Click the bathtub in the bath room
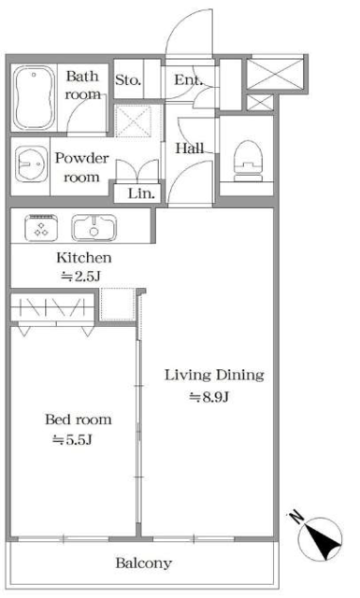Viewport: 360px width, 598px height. pyautogui.click(x=34, y=98)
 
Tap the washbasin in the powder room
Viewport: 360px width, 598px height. pyautogui.click(x=30, y=164)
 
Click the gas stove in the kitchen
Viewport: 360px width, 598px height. pyautogui.click(x=41, y=228)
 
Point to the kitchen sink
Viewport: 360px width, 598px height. pyautogui.click(x=94, y=228)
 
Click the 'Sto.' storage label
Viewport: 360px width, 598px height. pyautogui.click(x=128, y=80)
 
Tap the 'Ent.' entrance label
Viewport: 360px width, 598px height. pyautogui.click(x=187, y=80)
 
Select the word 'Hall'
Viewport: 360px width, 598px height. pyautogui.click(x=190, y=148)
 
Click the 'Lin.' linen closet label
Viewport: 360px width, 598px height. pyautogui.click(x=141, y=193)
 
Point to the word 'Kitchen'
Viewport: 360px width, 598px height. pyautogui.click(x=84, y=258)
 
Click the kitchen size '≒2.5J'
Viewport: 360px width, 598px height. pyautogui.click(x=80, y=277)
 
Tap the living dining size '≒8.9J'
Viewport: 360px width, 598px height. pyautogui.click(x=209, y=398)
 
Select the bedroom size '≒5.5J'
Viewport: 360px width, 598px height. pyautogui.click(x=72, y=440)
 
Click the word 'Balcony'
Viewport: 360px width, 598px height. pyautogui.click(x=144, y=563)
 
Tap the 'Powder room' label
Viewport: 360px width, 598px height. pyautogui.click(x=81, y=168)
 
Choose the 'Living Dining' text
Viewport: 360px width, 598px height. pyautogui.click(x=214, y=376)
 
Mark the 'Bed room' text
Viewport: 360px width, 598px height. pyautogui.click(x=79, y=420)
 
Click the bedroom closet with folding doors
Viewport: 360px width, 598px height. pyautogui.click(x=52, y=309)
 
